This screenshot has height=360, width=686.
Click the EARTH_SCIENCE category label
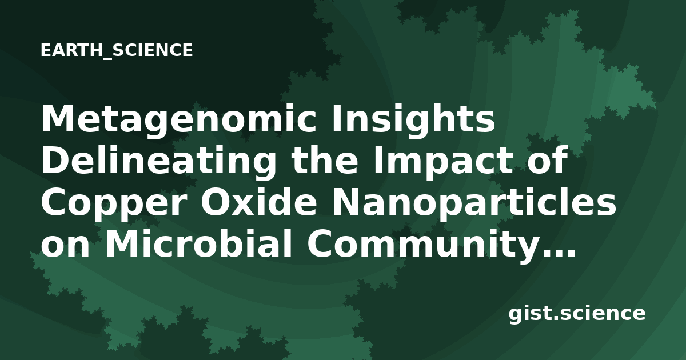click(117, 50)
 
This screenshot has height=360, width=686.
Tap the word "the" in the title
click(325, 160)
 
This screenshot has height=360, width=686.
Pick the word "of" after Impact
click(550, 160)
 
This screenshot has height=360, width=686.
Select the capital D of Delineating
click(57, 161)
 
